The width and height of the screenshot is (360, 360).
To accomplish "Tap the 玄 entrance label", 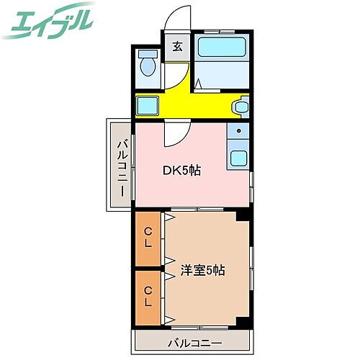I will point(177,48).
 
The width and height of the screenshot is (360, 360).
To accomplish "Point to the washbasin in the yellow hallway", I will point(240,108).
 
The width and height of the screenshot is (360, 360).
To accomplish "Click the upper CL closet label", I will point(148,237).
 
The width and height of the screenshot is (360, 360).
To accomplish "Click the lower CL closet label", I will point(148,296).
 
